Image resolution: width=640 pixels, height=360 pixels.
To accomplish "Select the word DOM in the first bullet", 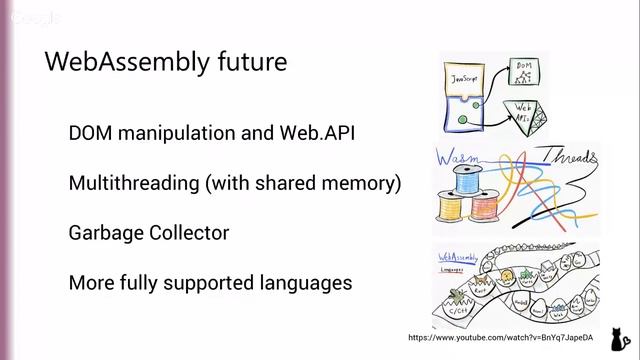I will (91, 133).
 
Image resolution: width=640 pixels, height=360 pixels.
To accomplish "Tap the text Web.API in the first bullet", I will (318, 133).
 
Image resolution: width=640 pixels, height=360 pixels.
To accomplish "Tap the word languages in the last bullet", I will (305, 283).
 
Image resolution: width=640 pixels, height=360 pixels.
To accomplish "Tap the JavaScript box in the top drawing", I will (468, 78).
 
